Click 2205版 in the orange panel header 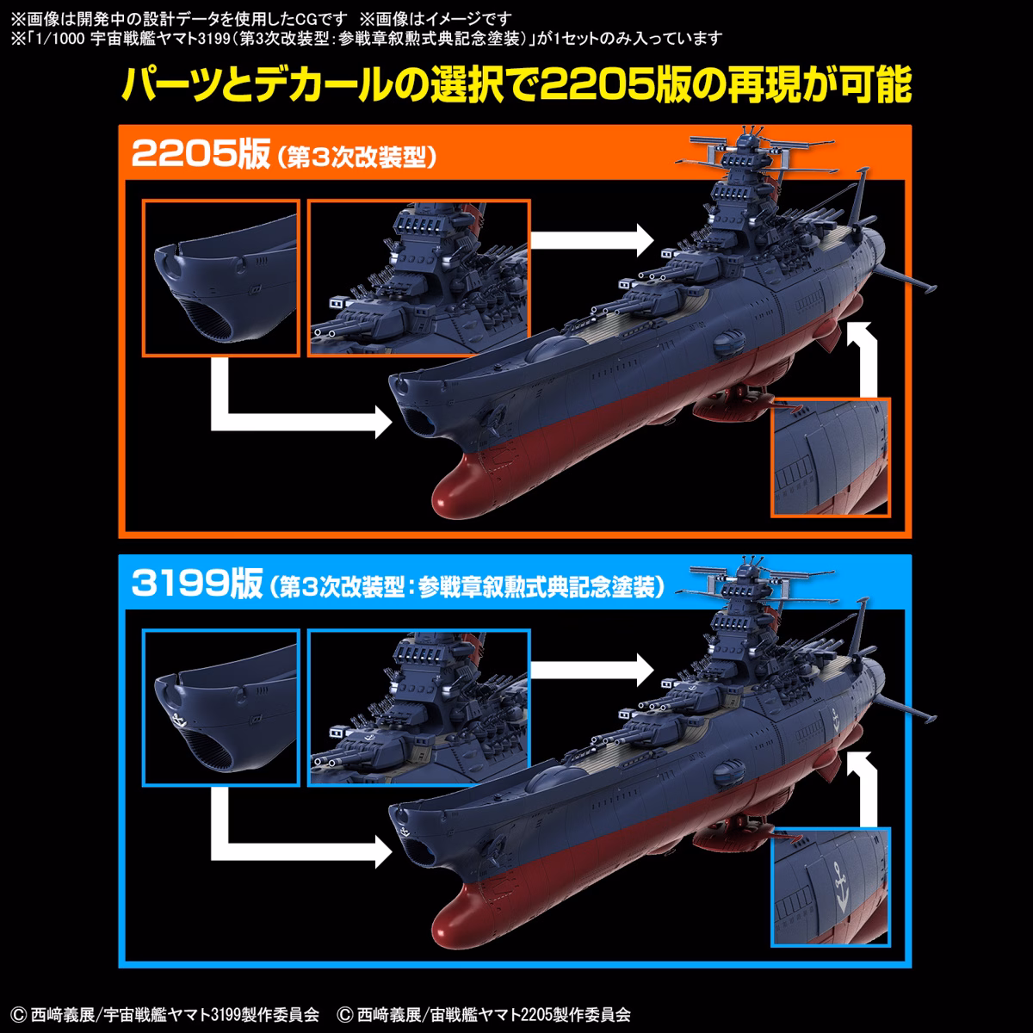201,154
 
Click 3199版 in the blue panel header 197,584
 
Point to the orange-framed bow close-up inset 221,278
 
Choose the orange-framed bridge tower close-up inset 419,278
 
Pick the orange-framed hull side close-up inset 831,457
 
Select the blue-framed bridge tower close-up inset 419,708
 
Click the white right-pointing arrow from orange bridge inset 592,240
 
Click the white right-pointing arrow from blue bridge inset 592,670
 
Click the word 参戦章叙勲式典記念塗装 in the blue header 536,587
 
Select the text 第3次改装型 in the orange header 356,158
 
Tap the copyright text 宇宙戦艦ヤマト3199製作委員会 211,1014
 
